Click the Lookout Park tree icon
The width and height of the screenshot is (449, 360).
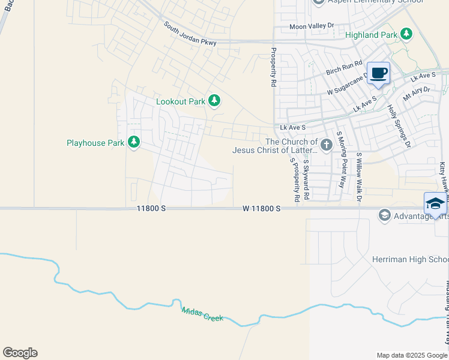[214, 101]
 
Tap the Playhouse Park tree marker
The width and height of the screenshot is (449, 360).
[133, 143]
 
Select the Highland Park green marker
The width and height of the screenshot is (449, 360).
[407, 34]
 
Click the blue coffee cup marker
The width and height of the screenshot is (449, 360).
[378, 74]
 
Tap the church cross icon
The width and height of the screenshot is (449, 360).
[326, 145]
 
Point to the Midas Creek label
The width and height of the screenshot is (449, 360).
[203, 313]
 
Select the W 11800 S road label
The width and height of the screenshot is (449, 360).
[262, 208]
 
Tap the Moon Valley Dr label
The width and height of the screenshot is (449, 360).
[311, 26]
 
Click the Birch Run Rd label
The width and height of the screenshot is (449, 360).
[345, 68]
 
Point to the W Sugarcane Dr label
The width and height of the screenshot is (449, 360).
[348, 85]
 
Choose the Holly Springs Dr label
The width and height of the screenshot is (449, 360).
[399, 126]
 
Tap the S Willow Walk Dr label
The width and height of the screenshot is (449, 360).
[360, 177]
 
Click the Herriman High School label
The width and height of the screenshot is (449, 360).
[418, 259]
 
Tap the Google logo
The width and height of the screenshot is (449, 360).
[20, 353]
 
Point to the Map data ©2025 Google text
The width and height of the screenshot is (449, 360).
[412, 355]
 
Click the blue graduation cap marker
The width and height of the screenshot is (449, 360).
[435, 204]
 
